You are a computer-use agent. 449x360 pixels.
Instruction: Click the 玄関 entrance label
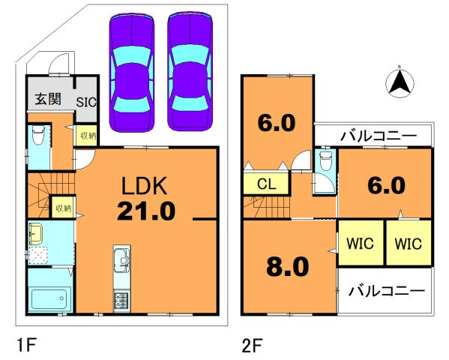click(x=48, y=99)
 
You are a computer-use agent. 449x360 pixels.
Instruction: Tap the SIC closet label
click(x=86, y=102)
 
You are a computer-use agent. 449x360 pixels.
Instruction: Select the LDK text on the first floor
click(x=145, y=186)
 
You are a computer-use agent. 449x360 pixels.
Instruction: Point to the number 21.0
click(x=146, y=211)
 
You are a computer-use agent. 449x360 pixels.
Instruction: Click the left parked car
click(x=132, y=72)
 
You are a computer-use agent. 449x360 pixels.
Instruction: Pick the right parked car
click(x=190, y=71)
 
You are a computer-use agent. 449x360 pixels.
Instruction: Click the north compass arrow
click(x=400, y=82)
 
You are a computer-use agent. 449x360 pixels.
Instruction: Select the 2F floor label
click(x=253, y=345)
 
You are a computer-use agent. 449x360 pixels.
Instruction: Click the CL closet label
click(x=267, y=184)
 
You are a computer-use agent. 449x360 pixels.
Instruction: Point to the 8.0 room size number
click(x=288, y=266)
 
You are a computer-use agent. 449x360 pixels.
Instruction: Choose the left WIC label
click(x=361, y=244)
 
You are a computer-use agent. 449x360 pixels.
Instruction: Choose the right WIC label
click(x=409, y=244)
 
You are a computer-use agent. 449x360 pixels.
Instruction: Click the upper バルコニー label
click(x=379, y=136)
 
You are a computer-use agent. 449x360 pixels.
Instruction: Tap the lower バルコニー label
click(x=387, y=291)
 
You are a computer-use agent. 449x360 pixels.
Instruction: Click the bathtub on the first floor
click(x=49, y=299)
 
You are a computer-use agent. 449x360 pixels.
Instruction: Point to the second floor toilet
click(x=325, y=160)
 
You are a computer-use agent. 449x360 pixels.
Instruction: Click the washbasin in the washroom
click(x=35, y=234)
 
